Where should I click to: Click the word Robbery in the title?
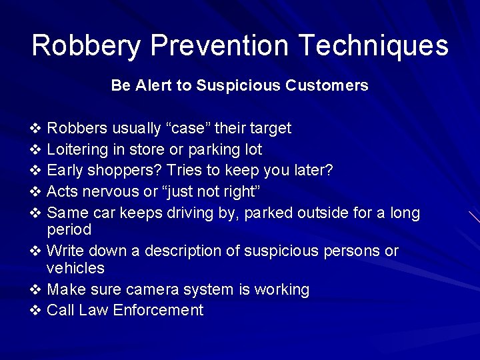coord(86,46)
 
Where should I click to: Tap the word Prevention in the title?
coord(219,45)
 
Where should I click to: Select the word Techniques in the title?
coord(373,46)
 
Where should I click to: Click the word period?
coord(69,230)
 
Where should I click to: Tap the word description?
coord(186,251)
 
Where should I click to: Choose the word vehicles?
coord(75,268)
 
